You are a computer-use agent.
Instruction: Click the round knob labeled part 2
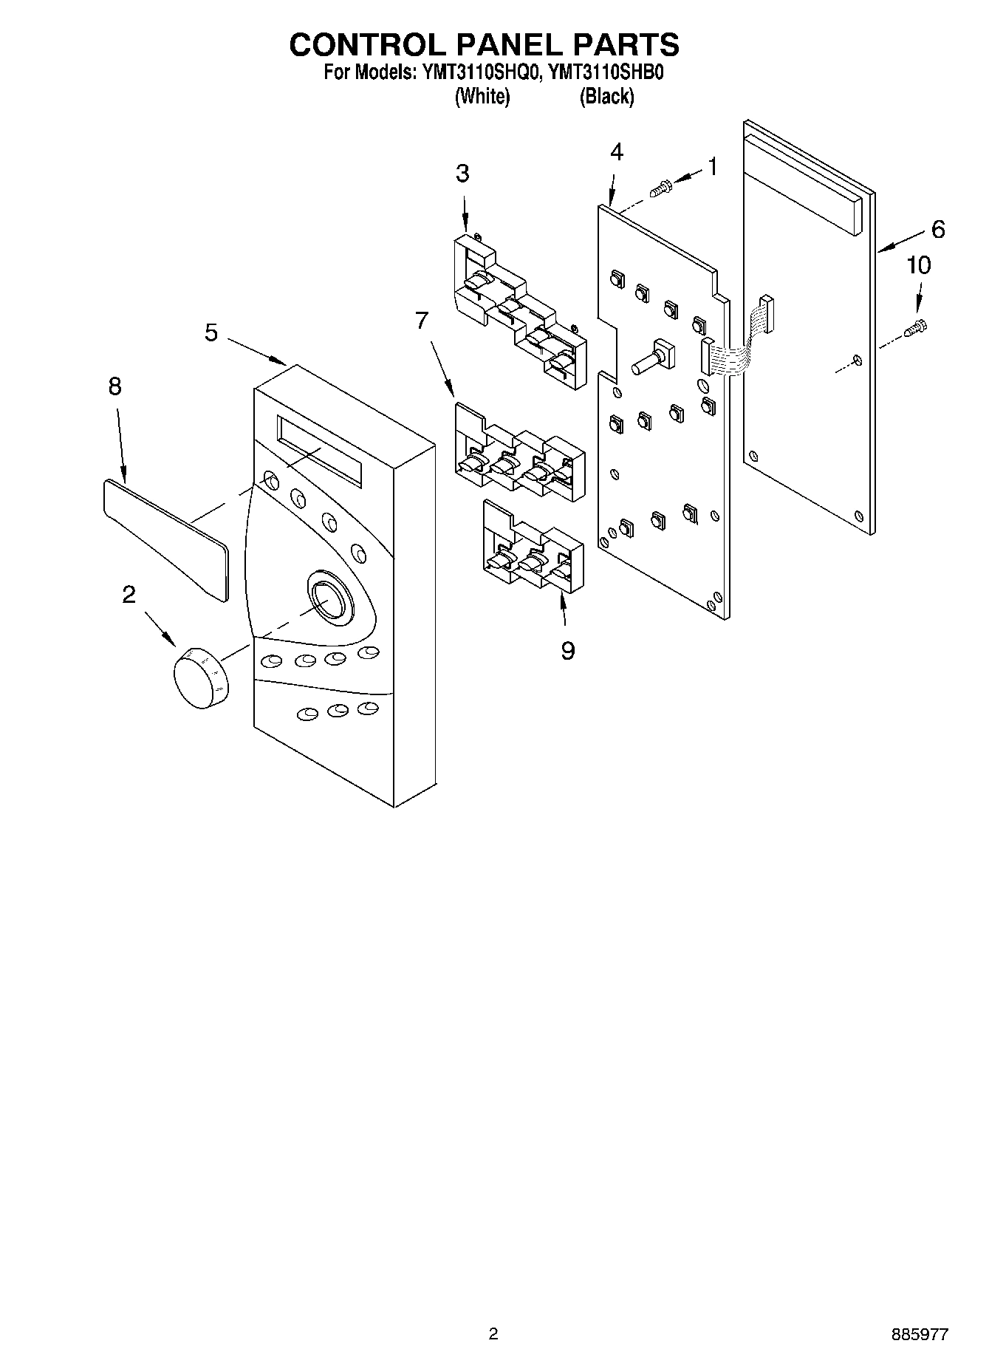pos(201,677)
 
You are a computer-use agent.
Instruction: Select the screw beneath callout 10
pos(918,327)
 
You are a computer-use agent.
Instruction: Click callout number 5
pos(211,333)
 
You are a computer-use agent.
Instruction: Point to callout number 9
pos(567,651)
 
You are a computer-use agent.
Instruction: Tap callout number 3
pos(462,174)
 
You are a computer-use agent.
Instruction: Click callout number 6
pos(937,230)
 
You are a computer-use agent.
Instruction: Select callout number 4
pos(616,153)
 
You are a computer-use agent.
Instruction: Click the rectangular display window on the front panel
pos(319,451)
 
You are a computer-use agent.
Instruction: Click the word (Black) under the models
pos(607,96)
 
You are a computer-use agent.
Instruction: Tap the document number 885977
pos(920,1334)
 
